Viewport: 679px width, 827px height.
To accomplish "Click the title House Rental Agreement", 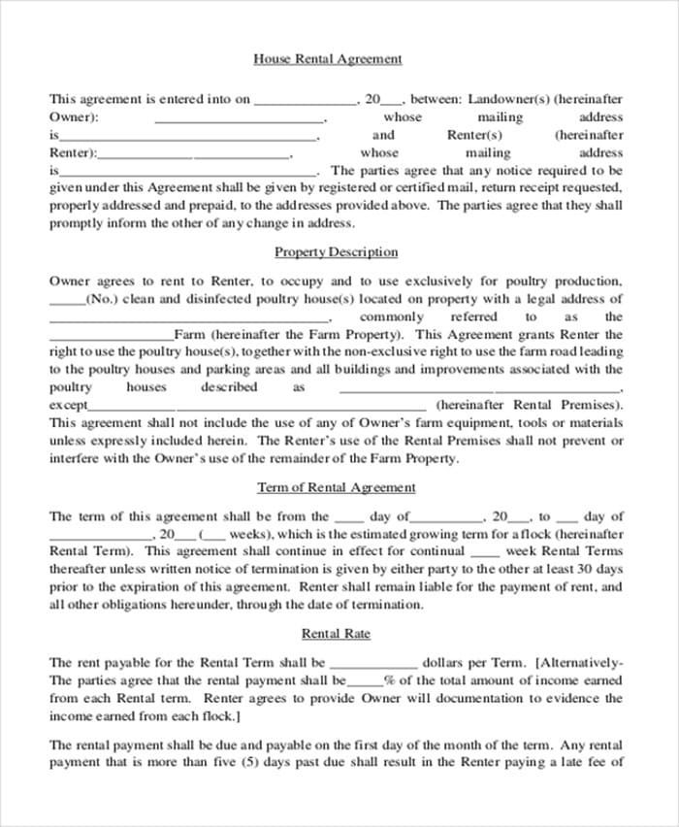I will (x=327, y=59).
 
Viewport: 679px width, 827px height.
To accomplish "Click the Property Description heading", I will (x=336, y=252).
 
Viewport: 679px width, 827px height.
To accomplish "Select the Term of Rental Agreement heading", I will (x=336, y=487).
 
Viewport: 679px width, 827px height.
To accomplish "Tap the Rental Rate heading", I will (x=336, y=634).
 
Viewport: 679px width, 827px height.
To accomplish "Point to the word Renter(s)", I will (x=474, y=135).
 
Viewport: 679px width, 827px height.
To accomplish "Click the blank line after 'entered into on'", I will (x=305, y=101).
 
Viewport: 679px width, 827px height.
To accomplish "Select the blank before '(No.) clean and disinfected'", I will (x=67, y=302).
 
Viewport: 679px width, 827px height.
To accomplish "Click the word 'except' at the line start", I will (x=68, y=405).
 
